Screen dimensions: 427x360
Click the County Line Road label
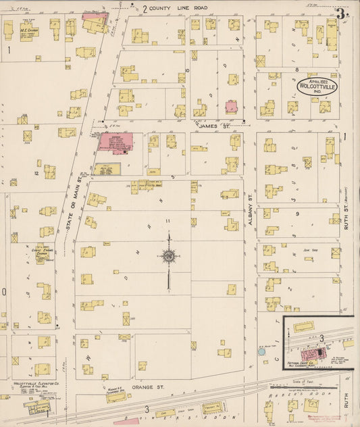179,8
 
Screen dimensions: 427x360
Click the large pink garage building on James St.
115,142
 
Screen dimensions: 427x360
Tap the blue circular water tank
261,352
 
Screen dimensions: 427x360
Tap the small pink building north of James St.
231,107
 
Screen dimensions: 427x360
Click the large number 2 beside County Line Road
144,9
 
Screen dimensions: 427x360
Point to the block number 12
36,173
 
